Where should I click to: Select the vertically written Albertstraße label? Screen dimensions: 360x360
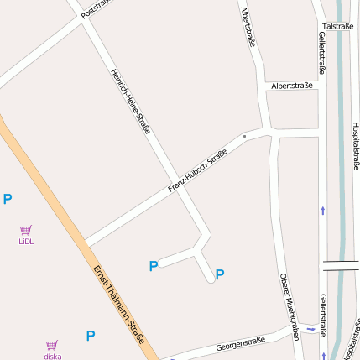pyautogui.click(x=248, y=26)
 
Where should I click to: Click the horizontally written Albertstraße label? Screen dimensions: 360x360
pyautogui.click(x=291, y=86)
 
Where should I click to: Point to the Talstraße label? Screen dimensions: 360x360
pyautogui.click(x=337, y=26)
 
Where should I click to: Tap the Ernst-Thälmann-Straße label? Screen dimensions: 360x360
pyautogui.click(x=119, y=305)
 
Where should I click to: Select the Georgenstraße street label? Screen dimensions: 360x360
pyautogui.click(x=240, y=343)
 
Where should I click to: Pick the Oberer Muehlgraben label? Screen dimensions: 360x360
pyautogui.click(x=290, y=305)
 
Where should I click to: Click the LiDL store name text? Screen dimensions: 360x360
pyautogui.click(x=26, y=242)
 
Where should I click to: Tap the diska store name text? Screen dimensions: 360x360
pyautogui.click(x=53, y=356)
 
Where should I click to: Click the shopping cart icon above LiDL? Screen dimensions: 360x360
pyautogui.click(x=26, y=230)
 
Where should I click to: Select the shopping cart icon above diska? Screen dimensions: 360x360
pyautogui.click(x=52, y=344)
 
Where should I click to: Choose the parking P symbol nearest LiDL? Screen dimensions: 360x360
pyautogui.click(x=8, y=199)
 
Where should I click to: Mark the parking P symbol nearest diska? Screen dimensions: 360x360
pyautogui.click(x=91, y=336)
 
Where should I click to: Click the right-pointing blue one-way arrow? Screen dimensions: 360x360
pyautogui.click(x=310, y=330)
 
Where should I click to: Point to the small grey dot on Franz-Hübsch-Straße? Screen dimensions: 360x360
pyautogui.click(x=244, y=135)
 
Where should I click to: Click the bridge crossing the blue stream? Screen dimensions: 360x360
pyautogui.click(x=341, y=266)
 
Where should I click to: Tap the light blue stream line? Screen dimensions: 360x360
pyautogui.click(x=340, y=168)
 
